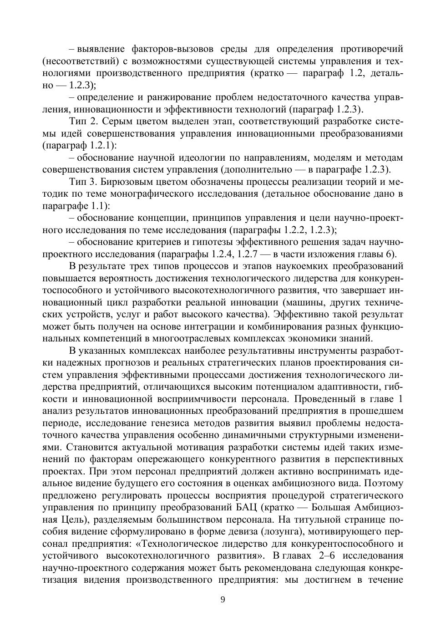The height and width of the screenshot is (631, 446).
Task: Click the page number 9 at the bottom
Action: pos(223,600)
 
